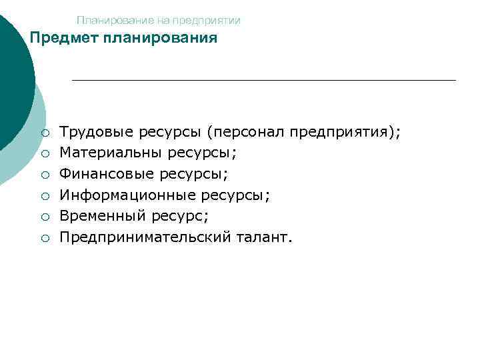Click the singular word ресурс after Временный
tap(175, 216)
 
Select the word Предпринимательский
tap(145, 237)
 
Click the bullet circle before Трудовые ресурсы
tap(43, 133)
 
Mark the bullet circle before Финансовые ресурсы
tap(43, 175)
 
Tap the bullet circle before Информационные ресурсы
tap(43, 195)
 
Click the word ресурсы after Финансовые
tap(193, 175)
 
